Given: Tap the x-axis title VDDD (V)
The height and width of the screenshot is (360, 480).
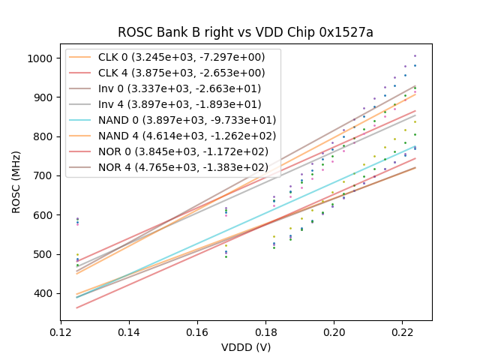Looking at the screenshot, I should point(245,347).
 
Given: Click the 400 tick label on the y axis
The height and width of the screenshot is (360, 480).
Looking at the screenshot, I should point(43,293).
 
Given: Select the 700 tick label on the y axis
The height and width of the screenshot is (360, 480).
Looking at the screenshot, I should point(43,175).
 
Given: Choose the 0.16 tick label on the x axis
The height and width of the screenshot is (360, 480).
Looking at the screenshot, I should point(197,331).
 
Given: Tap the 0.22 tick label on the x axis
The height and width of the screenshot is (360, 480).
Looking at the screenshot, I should point(403,331).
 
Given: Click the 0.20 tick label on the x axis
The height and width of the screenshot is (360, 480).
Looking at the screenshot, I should point(334,331).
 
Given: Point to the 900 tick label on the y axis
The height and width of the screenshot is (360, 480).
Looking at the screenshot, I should point(43,97).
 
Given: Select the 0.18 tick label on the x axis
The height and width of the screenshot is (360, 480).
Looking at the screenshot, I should point(265,331).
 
